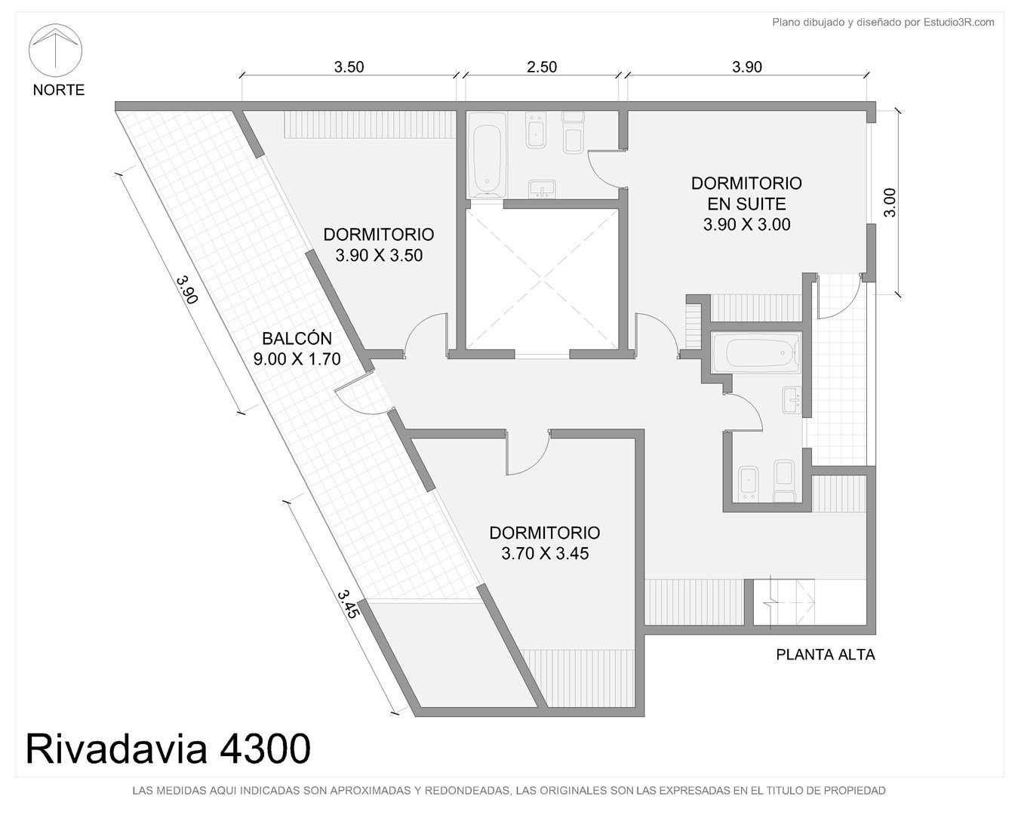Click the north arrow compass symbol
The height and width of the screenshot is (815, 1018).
tap(55, 50)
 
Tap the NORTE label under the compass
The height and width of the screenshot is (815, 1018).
tap(59, 90)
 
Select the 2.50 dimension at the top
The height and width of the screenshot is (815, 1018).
tap(542, 67)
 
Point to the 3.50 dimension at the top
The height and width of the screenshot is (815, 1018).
tap(349, 67)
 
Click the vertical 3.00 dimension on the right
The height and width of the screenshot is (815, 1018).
tap(890, 202)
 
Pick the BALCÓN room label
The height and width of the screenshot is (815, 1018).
tap(297, 339)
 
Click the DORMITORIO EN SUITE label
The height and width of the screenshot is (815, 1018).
tap(746, 193)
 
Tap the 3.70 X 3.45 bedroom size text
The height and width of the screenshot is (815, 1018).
tap(545, 553)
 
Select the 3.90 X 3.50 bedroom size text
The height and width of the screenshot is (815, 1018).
tap(379, 255)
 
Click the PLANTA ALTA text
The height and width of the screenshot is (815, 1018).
tap(826, 655)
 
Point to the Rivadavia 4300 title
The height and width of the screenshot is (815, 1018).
tap(168, 749)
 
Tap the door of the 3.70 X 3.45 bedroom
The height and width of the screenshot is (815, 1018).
tap(527, 453)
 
